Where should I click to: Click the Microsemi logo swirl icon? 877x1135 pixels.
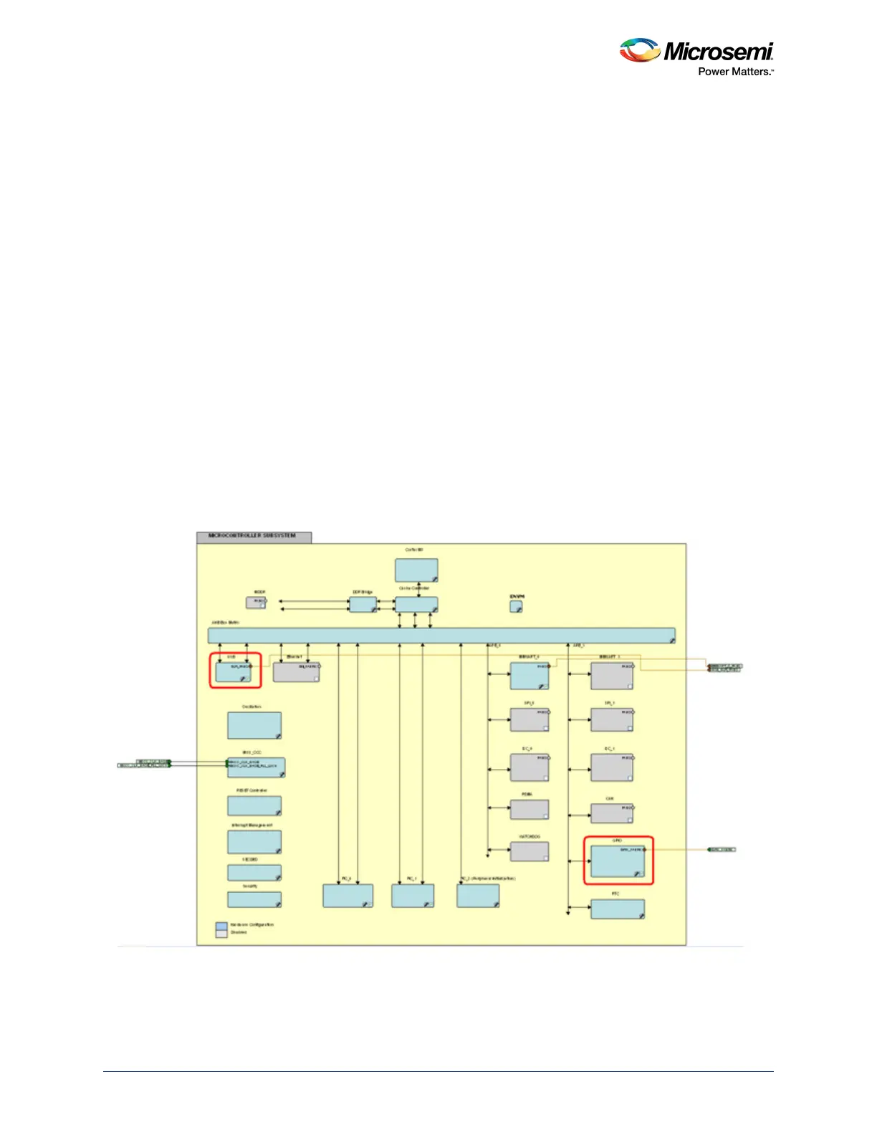tap(639, 50)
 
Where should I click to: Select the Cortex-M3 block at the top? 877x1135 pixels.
tap(416, 570)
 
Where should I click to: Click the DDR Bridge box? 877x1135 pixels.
tap(363, 605)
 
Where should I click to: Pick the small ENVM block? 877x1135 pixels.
tap(516, 607)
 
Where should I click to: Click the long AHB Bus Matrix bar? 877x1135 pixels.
tap(441, 636)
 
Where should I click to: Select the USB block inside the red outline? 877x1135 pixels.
tap(234, 672)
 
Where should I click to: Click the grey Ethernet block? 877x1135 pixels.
tap(296, 672)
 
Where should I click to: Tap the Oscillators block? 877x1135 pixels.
tap(254, 725)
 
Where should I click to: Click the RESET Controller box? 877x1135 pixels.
tap(254, 805)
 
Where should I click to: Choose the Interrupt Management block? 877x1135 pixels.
tap(254, 842)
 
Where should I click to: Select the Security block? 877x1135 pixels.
tap(254, 899)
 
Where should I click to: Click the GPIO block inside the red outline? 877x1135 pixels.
tap(617, 861)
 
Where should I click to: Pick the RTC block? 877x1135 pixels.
tap(617, 909)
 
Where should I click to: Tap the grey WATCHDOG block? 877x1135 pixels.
tap(529, 851)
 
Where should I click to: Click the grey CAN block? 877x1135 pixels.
tap(611, 813)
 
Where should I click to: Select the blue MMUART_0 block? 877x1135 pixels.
tap(529, 676)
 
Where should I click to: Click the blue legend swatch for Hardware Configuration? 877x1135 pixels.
tap(221, 926)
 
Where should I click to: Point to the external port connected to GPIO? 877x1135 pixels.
tap(722, 850)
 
